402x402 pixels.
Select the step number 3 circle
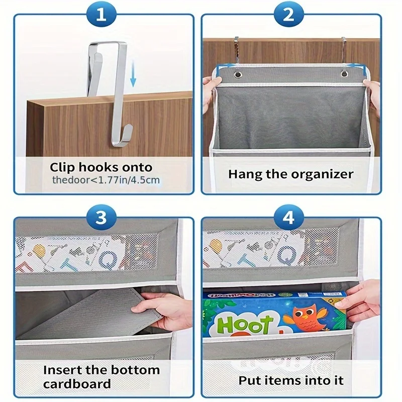click(102, 218)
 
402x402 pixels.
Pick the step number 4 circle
click(288, 218)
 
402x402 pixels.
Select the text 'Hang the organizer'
click(290, 174)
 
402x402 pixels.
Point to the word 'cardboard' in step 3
click(77, 384)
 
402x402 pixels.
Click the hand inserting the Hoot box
click(360, 301)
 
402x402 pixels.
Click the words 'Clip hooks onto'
click(100, 167)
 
